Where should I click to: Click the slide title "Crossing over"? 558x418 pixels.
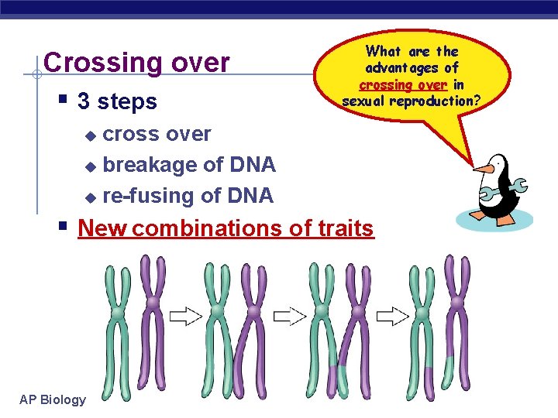(137, 63)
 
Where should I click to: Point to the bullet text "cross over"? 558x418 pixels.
(157, 134)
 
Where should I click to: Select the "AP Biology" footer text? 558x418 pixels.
(53, 399)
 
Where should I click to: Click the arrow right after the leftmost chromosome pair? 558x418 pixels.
(185, 315)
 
